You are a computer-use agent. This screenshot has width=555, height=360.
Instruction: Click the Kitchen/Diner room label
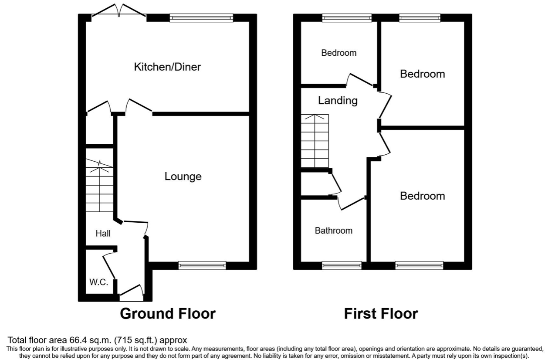pos(167,67)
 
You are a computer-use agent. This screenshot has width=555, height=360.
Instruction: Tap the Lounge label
pos(183,177)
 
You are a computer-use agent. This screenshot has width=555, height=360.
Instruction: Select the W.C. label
pos(98,282)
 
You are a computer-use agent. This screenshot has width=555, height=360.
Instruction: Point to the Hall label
pos(103,234)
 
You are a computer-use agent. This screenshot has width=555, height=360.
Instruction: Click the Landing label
pos(338,101)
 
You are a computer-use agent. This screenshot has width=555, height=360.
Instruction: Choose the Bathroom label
pos(334,231)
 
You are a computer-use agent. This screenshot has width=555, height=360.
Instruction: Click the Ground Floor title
pos(168,313)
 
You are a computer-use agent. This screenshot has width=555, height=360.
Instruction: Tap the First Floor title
pos(381,313)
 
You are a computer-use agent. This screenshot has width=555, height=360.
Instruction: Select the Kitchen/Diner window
pos(201,18)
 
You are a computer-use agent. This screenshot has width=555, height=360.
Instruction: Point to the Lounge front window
pos(202,265)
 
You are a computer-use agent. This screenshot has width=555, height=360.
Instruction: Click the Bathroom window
pos(342,265)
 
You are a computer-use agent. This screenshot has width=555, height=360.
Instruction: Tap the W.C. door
pos(109,267)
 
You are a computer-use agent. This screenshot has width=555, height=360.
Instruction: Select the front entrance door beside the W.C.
pos(132,292)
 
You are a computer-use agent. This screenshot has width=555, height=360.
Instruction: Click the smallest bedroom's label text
pos(339,53)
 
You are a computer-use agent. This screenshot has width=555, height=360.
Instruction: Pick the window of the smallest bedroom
pos(347,18)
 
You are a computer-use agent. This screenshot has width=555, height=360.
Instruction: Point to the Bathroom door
pos(351,204)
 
